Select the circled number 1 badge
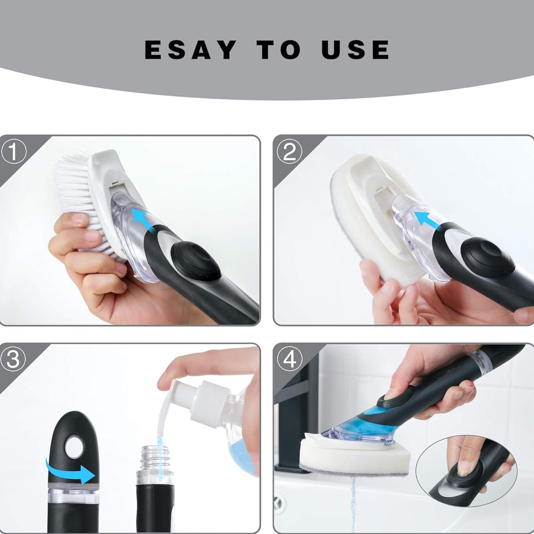[x=13, y=152]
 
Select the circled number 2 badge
[x=289, y=152]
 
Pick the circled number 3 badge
[x=13, y=360]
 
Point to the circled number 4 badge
[x=289, y=360]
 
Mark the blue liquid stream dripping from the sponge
[x=353, y=506]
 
